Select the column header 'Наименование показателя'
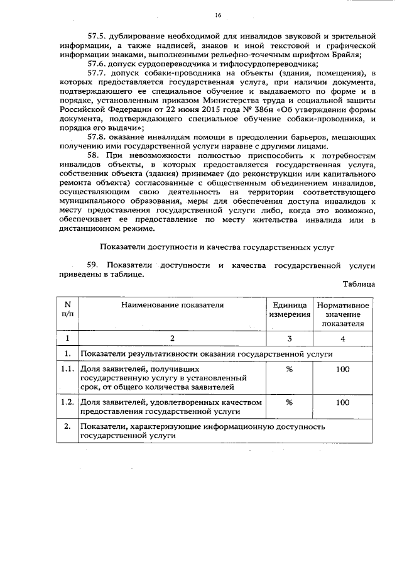coord(172,305)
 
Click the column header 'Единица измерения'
coord(290,309)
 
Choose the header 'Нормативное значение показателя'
coord(342,314)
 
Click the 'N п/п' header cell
coord(67,309)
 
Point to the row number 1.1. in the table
coord(67,369)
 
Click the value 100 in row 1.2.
coord(342,401)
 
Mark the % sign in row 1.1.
coord(290,369)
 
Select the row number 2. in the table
coord(67,427)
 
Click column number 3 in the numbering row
coord(290,339)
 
